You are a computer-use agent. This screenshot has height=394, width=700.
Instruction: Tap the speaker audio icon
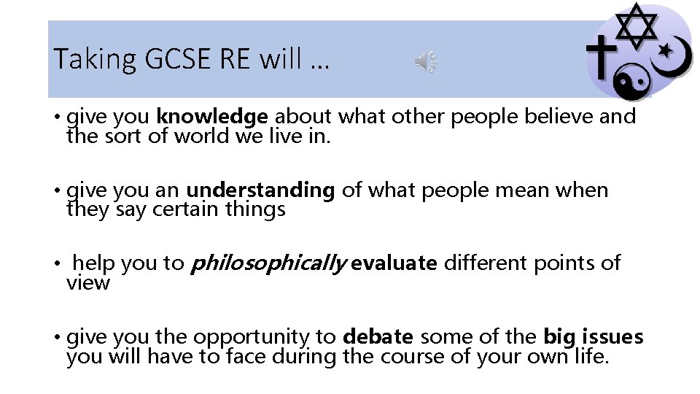tap(426, 62)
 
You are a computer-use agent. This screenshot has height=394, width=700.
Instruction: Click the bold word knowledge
tap(213, 117)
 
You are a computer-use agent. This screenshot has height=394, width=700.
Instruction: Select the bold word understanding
tap(260, 191)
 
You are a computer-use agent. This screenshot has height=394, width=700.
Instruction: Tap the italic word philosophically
tap(268, 263)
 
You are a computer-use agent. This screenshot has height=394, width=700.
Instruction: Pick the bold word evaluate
tap(394, 263)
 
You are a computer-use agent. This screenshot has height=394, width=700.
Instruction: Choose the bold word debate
tap(378, 337)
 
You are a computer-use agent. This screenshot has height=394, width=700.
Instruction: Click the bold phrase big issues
tap(594, 337)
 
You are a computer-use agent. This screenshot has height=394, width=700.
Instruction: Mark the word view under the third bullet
tap(87, 282)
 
